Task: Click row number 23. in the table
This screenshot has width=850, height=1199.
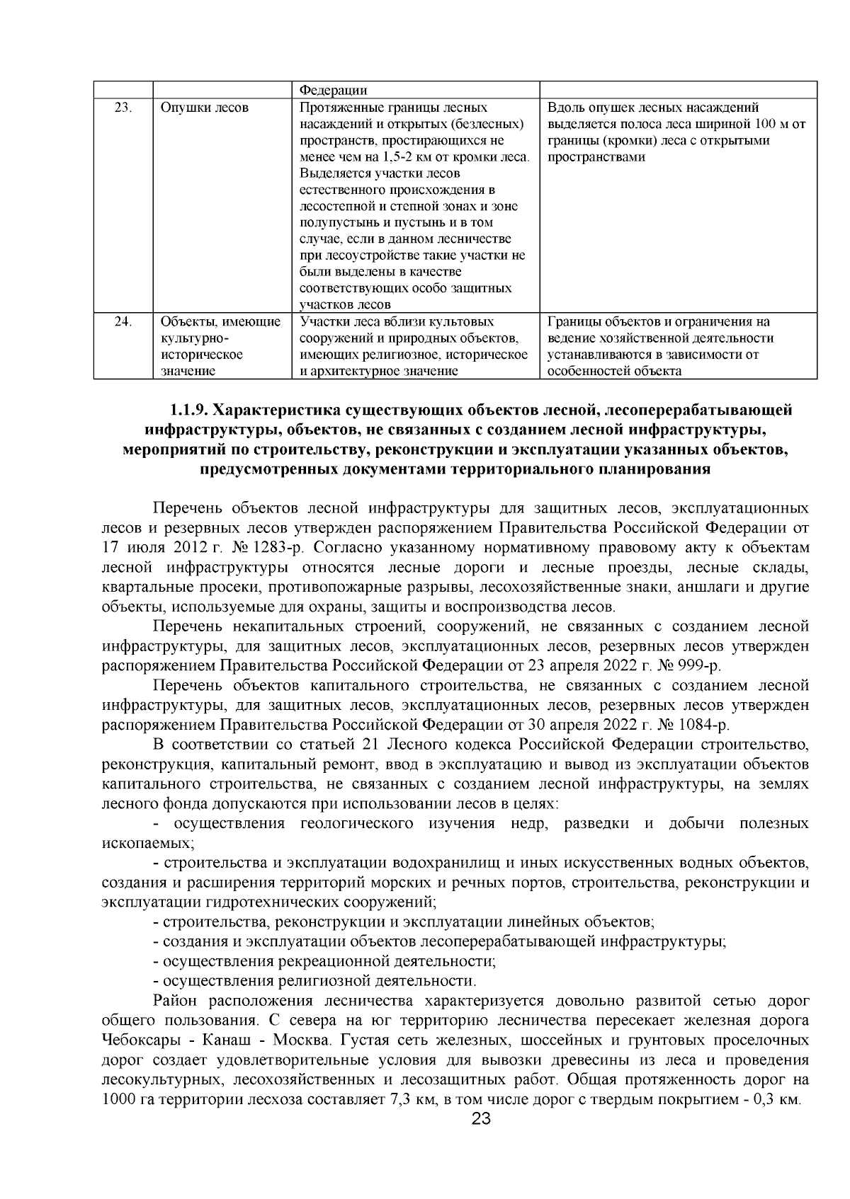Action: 123,108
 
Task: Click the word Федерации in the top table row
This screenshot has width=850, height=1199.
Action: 334,90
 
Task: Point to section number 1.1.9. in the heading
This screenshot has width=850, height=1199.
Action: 189,411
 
